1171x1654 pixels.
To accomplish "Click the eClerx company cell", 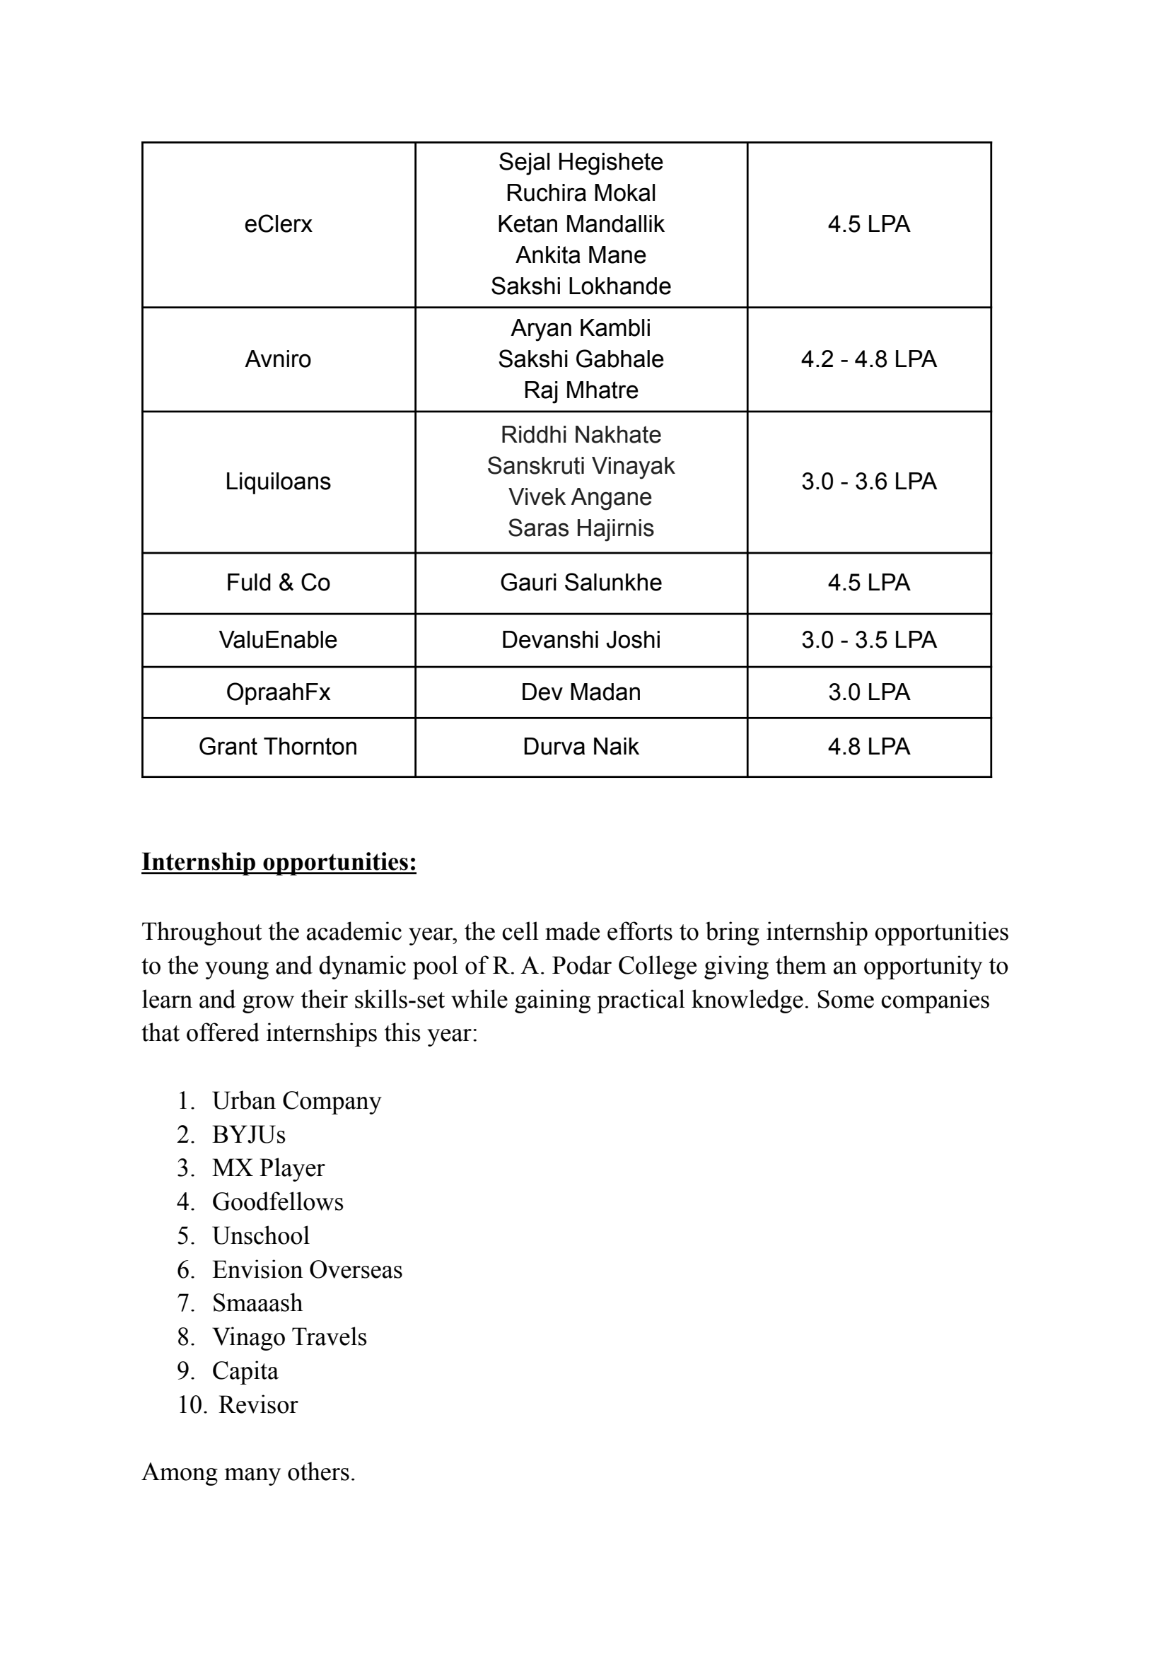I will coord(278,224).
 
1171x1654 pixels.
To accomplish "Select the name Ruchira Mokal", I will coord(581,193).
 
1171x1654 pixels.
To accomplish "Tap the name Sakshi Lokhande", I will coord(581,286).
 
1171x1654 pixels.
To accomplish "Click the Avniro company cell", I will coord(278,359).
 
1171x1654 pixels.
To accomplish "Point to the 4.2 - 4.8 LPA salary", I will coord(868,359).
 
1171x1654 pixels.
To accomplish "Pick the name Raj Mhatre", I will coord(581,390).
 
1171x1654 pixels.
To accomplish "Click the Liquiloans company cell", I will coord(278,482).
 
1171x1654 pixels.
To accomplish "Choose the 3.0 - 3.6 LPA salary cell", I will coord(868,482).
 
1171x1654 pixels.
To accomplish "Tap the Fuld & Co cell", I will coord(278,583).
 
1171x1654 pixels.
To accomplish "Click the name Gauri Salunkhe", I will coord(581,583).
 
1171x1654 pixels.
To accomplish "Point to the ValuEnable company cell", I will coord(278,639).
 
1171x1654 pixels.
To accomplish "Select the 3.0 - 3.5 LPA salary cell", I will coord(868,639).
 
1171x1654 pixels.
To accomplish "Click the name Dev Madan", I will coord(581,692).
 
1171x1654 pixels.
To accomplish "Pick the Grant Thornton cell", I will coord(278,746).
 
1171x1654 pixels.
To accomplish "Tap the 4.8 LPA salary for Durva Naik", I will coord(868,746).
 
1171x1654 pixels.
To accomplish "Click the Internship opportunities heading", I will coord(279,861).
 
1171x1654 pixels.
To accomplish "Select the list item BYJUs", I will coord(249,1134).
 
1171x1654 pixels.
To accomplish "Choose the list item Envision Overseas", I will coord(307,1269).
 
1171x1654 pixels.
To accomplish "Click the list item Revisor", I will coord(257,1404).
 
